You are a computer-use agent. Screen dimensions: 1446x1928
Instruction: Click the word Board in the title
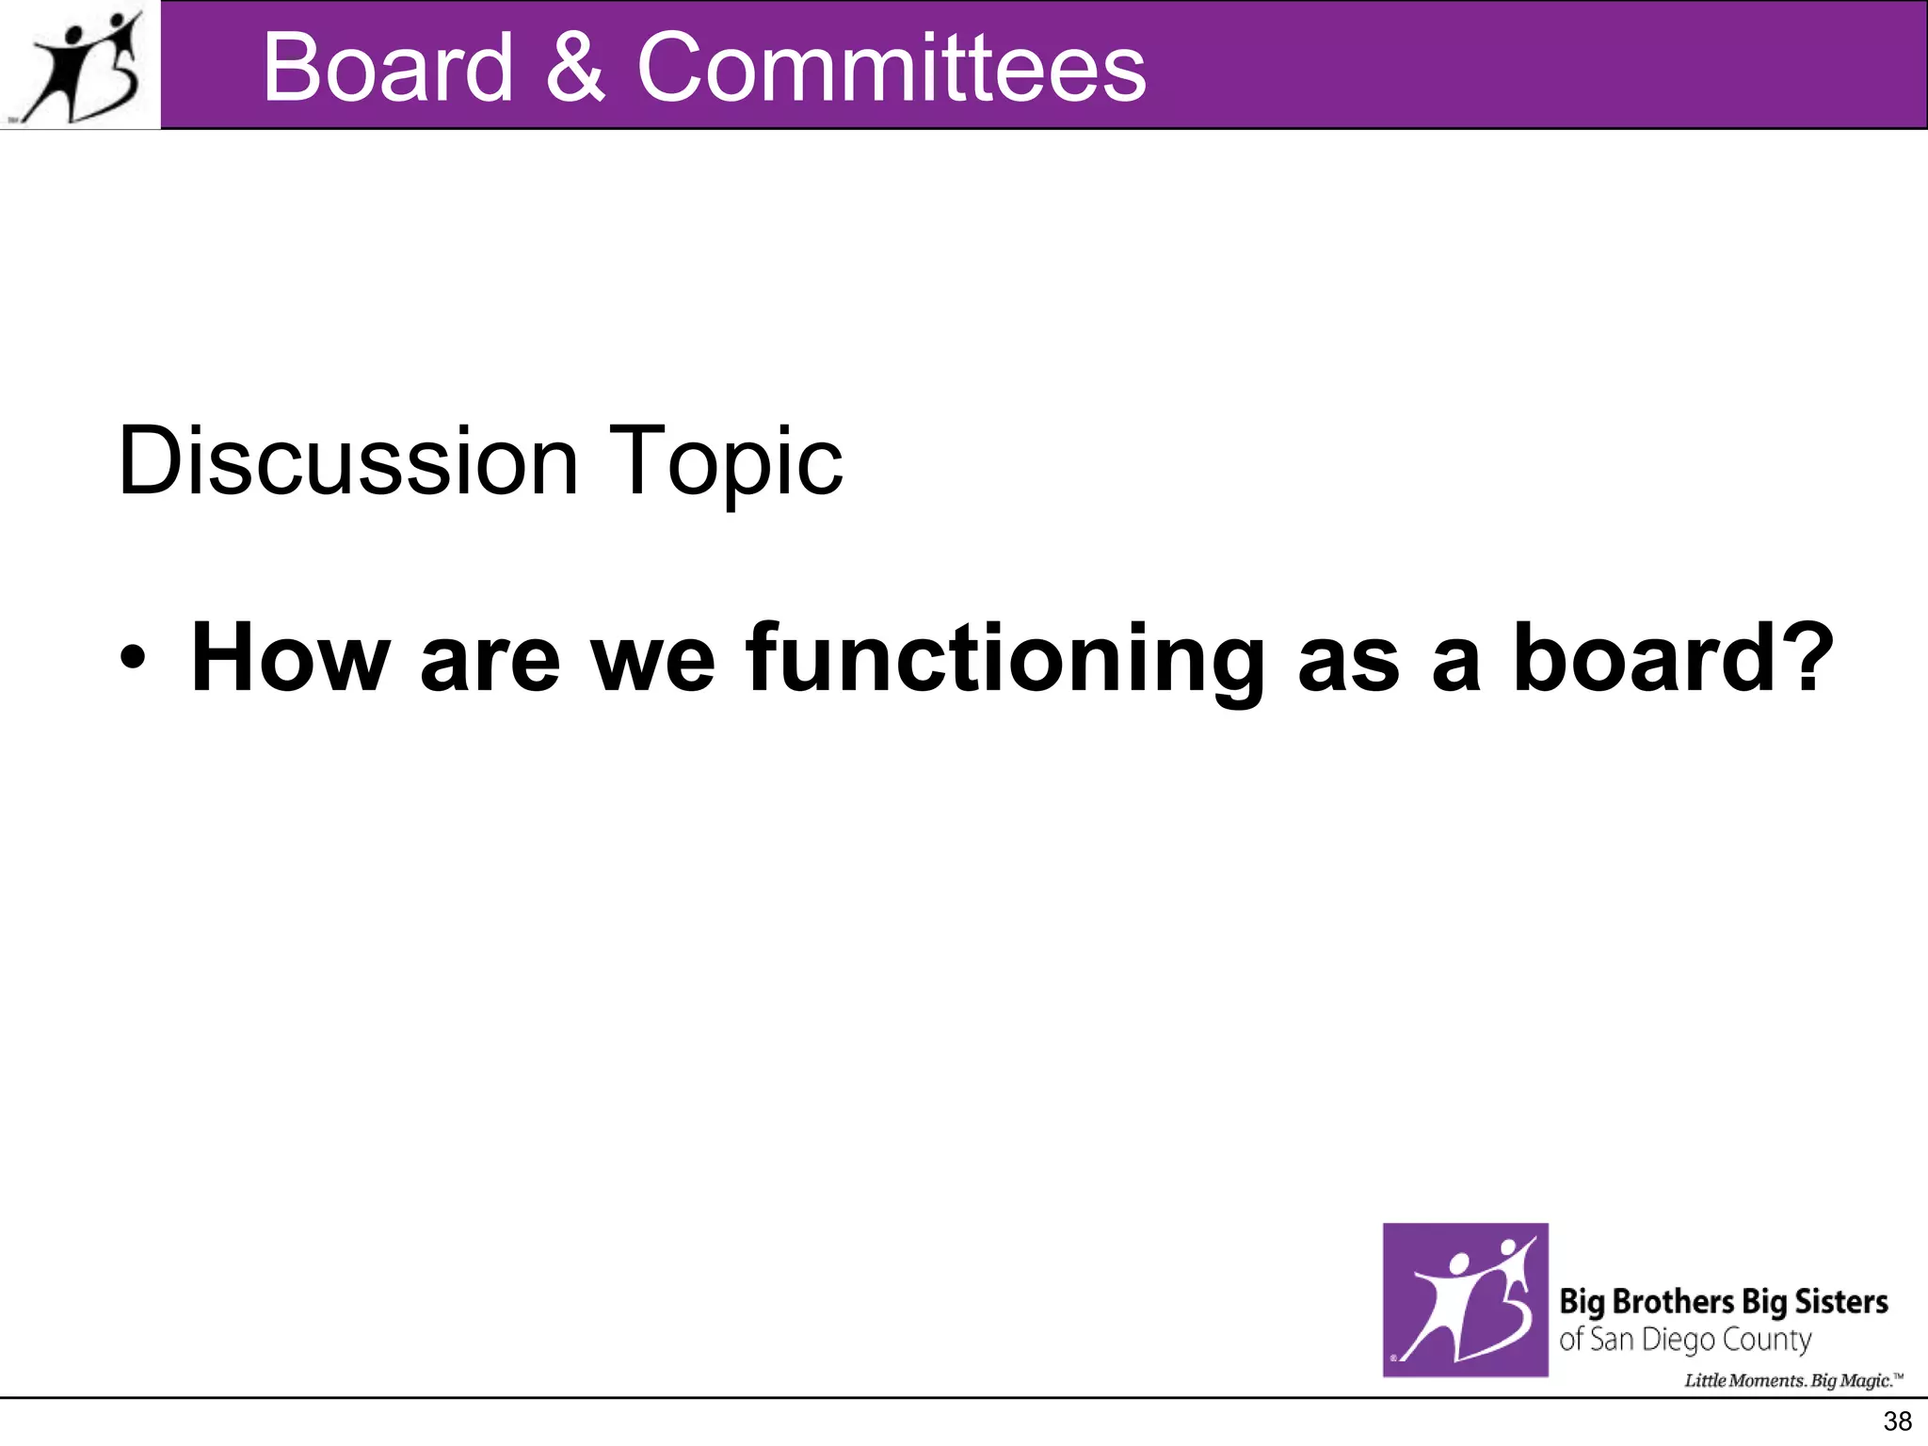[388, 68]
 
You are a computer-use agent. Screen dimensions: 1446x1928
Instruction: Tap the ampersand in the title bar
[574, 68]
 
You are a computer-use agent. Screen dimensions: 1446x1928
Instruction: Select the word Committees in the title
[891, 68]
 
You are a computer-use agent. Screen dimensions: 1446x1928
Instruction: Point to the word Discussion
[347, 461]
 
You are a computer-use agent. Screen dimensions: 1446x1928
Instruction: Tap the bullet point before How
[133, 659]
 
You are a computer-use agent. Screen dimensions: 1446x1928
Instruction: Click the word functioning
[1004, 659]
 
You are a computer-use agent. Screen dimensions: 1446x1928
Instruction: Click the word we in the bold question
[652, 659]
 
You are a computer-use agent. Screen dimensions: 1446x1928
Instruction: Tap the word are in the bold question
[490, 659]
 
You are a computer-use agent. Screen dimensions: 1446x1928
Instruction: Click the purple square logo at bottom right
[1465, 1299]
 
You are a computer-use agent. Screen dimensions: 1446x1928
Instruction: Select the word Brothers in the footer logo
[1673, 1301]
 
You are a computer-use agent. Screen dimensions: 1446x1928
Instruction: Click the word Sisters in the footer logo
[1840, 1301]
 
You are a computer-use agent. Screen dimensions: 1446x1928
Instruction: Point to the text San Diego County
[1699, 1339]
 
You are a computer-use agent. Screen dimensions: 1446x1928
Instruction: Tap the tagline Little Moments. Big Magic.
[1791, 1380]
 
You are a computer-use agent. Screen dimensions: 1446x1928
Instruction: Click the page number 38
[1897, 1421]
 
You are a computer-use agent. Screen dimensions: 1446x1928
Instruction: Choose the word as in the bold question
[1348, 659]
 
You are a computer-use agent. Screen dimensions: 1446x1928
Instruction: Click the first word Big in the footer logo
[1582, 1302]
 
